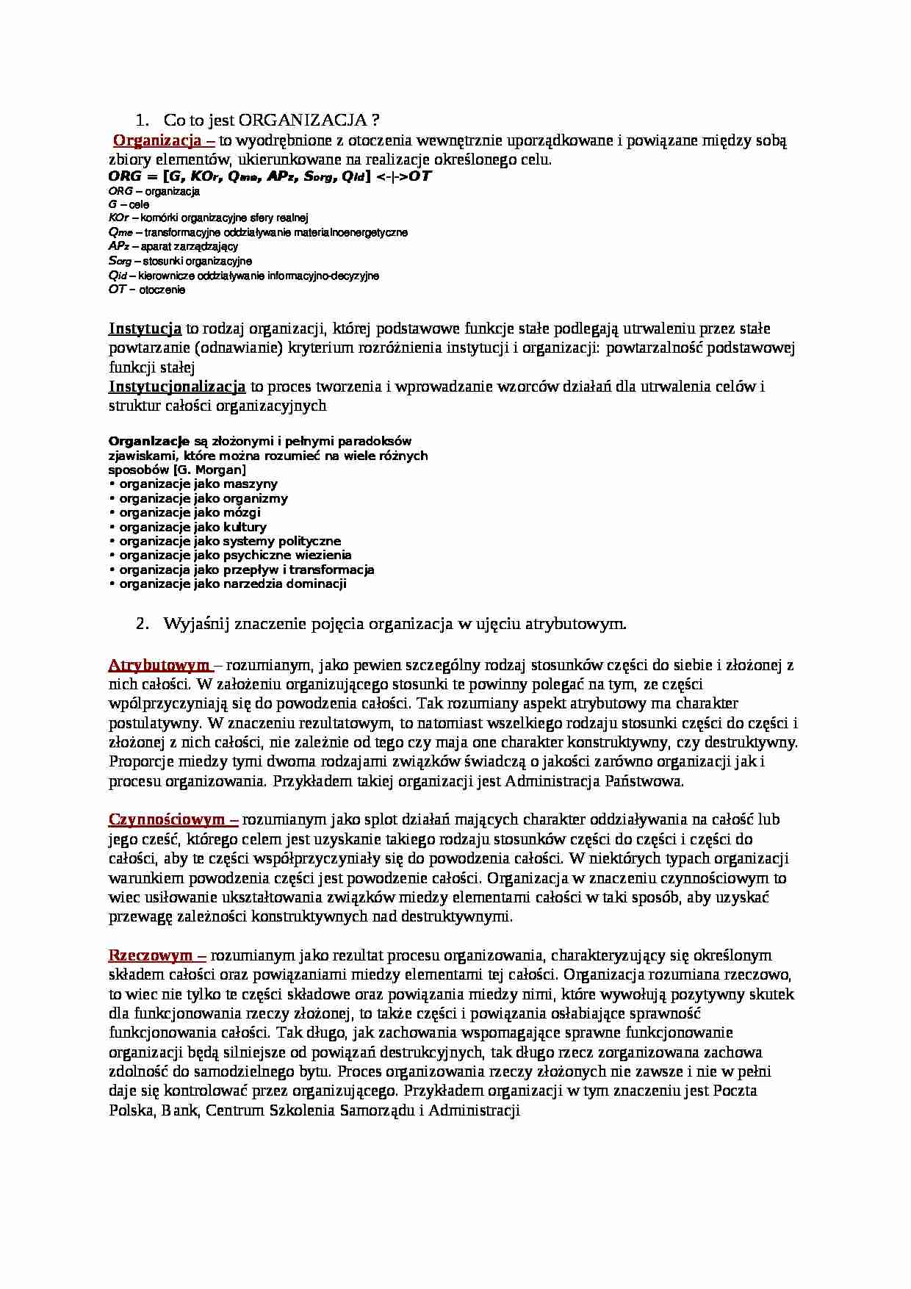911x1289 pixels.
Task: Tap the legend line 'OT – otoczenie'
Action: coord(146,290)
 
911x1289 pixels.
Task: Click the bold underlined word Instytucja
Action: coord(145,328)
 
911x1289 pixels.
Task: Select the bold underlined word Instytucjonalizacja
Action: coord(177,386)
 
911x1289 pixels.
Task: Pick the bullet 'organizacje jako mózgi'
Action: coord(190,512)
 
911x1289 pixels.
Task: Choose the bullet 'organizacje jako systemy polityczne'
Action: coord(229,541)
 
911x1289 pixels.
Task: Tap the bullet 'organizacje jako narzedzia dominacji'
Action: coord(232,584)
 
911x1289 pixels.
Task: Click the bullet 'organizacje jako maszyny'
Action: coord(198,484)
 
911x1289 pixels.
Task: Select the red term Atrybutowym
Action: coord(159,665)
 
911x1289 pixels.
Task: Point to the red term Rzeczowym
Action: coord(156,955)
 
